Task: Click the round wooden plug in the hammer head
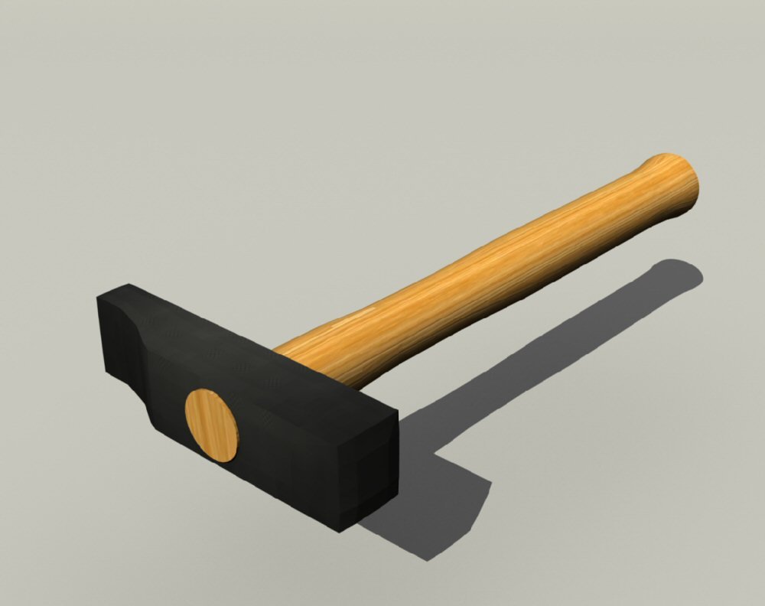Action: pyautogui.click(x=210, y=425)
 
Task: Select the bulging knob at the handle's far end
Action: pyautogui.click(x=673, y=184)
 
